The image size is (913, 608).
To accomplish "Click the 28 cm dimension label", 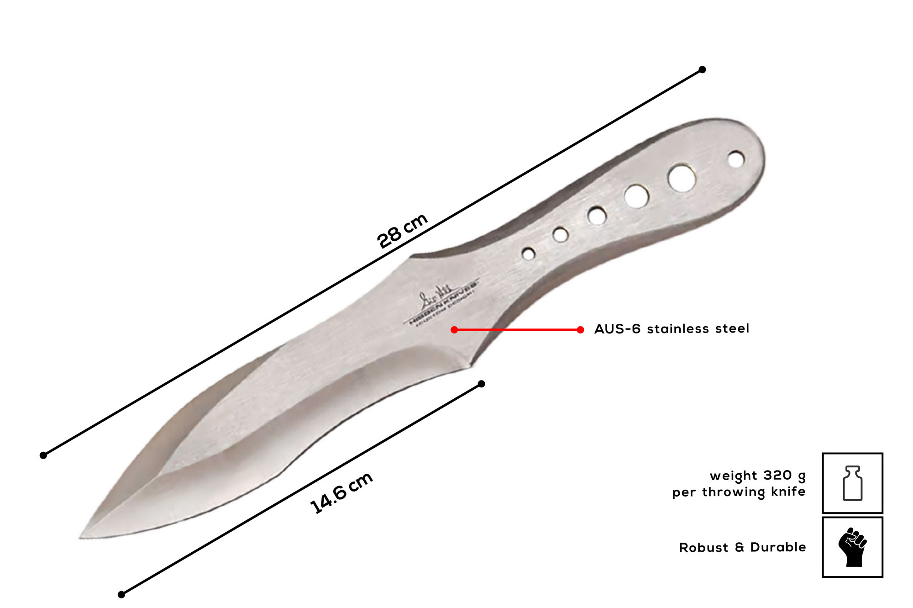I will pos(402,231).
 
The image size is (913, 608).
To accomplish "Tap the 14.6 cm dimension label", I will pos(341,493).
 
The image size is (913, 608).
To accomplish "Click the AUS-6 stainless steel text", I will pos(671,329).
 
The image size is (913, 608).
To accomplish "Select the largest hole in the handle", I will pos(682,178).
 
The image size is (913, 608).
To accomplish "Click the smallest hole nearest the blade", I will pos(529,254).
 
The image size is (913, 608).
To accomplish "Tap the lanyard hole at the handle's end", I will pos(736,160).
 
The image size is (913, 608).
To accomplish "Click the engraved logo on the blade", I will pos(441,304).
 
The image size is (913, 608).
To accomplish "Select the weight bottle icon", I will pos(852,483).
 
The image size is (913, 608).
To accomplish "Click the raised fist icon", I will pos(852,547).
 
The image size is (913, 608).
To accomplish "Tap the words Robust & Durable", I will pos(742,547).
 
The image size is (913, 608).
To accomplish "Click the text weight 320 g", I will pos(757,476).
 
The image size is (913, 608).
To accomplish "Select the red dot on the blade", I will pos(454,330).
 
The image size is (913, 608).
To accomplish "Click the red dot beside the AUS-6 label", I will pos(580,330).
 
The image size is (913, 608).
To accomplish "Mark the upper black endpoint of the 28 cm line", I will pos(703,69).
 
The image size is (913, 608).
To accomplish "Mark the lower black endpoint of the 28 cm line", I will pos(43,455).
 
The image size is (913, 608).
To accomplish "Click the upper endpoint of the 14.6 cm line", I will pos(481,384).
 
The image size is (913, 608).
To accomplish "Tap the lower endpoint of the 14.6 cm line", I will pos(121,594).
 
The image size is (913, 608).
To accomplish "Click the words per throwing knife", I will pos(739,492).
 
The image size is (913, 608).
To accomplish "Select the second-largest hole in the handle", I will pos(637,196).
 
